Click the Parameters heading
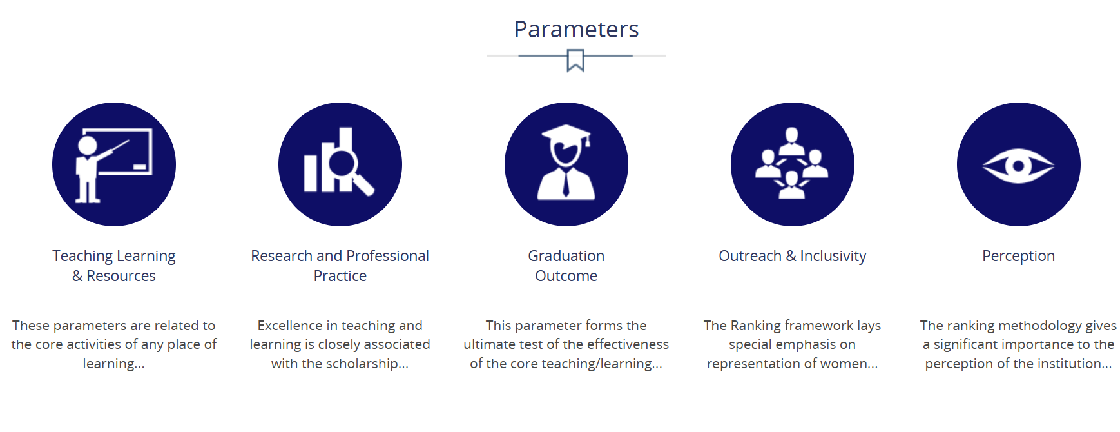[576, 29]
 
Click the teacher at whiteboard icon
[114, 164]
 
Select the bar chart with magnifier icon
[340, 164]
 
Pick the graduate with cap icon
[566, 164]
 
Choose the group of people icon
[793, 164]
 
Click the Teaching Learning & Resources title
[114, 266]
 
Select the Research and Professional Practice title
[340, 266]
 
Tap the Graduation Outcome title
[566, 266]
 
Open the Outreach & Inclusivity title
[793, 256]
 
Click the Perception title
[1019, 257]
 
